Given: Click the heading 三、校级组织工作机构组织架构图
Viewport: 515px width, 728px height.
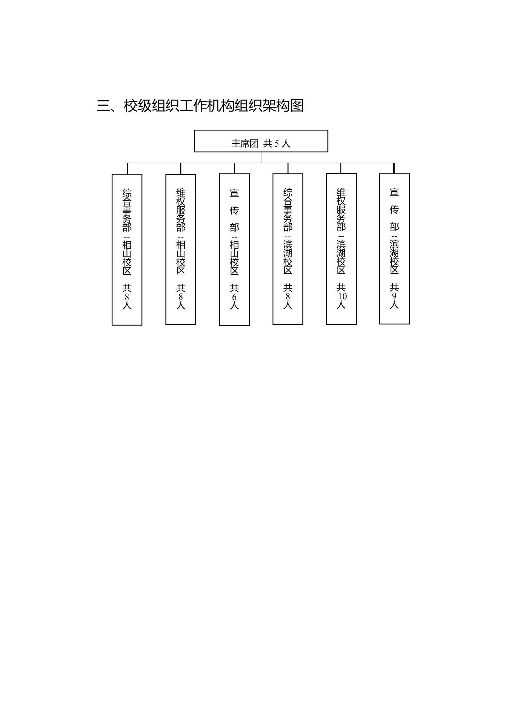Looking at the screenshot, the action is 200,106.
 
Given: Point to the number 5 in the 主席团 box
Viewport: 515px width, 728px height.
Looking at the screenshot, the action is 277,143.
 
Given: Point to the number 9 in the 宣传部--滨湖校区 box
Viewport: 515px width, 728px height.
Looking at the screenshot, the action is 394,296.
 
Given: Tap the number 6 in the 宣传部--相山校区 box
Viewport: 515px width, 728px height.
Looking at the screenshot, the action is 234,297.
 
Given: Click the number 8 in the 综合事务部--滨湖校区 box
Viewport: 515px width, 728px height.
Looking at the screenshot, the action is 288,296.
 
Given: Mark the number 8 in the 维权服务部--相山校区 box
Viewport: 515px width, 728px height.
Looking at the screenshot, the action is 181,297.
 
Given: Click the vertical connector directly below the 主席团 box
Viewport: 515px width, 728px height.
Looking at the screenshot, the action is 261,158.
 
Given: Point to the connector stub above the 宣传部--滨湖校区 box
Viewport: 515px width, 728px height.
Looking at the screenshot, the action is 394,168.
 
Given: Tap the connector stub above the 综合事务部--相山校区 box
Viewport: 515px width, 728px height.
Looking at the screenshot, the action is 127,169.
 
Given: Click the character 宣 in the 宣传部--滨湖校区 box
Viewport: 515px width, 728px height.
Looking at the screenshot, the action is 394,192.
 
